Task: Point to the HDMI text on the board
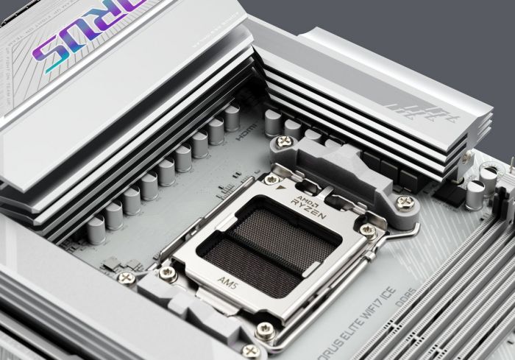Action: [246, 135]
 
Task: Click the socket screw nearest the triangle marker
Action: [272, 179]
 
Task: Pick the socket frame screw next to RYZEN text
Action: [367, 230]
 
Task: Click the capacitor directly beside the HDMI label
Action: [232, 118]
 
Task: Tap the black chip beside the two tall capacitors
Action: [449, 194]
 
